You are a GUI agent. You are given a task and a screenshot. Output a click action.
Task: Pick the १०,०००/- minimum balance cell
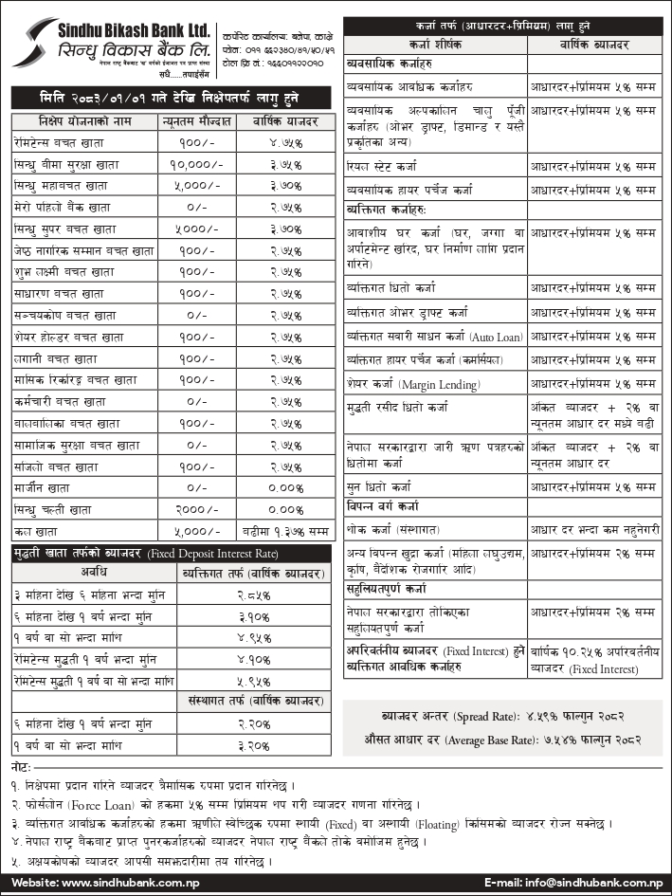196,163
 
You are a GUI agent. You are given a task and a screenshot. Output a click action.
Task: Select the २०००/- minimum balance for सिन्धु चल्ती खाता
196,509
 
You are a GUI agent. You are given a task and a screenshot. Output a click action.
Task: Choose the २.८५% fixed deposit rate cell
253,595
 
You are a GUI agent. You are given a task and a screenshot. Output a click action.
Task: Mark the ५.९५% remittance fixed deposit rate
253,680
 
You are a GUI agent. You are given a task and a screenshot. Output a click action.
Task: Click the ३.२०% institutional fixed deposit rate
253,745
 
